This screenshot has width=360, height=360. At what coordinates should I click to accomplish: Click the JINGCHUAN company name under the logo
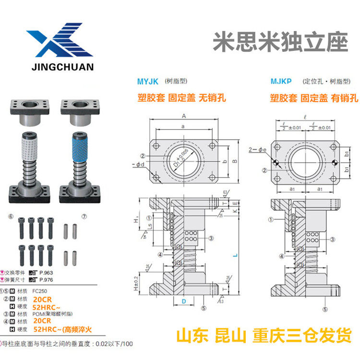pyautogui.click(x=60, y=67)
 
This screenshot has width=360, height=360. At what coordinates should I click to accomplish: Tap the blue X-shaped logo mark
pyautogui.click(x=60, y=42)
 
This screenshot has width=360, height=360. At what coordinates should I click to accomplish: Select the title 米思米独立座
pyautogui.click(x=280, y=43)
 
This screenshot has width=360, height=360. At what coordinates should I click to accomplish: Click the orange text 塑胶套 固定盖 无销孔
pyautogui.click(x=181, y=98)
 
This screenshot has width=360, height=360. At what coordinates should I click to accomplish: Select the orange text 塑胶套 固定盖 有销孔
pyautogui.click(x=314, y=98)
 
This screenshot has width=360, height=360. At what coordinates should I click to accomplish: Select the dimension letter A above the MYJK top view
pyautogui.click(x=184, y=116)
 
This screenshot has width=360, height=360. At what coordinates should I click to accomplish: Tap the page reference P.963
pyautogui.click(x=47, y=272)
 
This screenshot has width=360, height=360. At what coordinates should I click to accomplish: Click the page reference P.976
pyautogui.click(x=47, y=279)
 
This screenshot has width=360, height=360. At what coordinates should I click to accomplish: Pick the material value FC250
pyautogui.click(x=40, y=291)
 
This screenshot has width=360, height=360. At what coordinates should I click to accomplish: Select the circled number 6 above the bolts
pyautogui.click(x=11, y=216)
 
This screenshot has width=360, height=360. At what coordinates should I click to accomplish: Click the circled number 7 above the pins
pyautogui.click(x=84, y=217)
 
